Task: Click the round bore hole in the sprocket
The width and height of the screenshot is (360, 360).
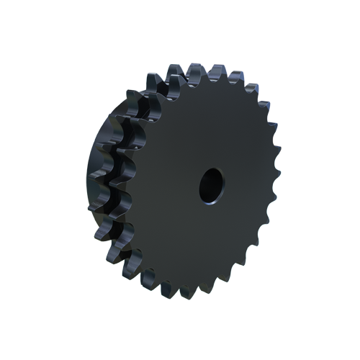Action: pyautogui.click(x=212, y=185)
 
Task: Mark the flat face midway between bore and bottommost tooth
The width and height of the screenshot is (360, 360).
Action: pyautogui.click(x=197, y=241)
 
